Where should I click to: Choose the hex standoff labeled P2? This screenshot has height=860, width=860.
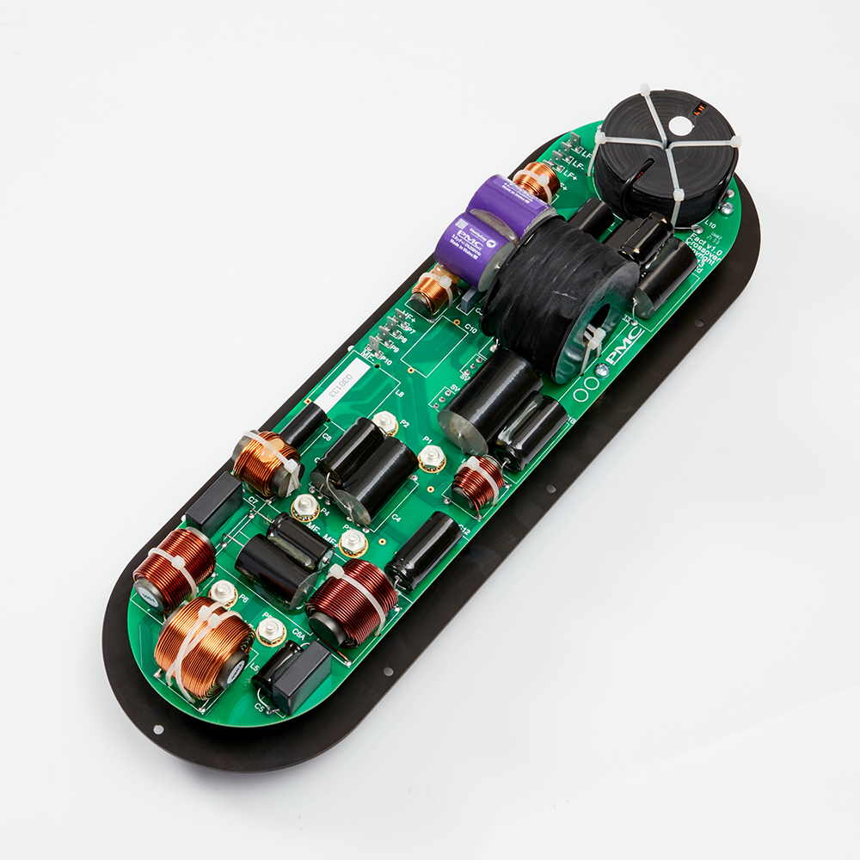tap(385, 422)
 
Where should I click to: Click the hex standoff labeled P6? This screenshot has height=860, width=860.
tap(224, 593)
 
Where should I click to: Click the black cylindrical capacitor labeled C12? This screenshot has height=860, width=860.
tap(424, 550)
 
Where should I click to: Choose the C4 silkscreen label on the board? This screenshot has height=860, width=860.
tap(396, 519)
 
